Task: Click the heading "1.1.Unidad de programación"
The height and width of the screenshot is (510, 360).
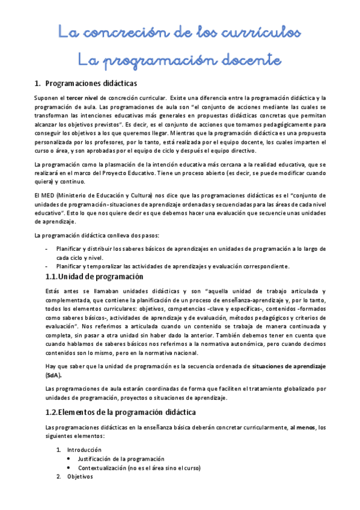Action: pos(95,277)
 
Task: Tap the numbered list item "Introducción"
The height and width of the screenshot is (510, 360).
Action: pos(84,449)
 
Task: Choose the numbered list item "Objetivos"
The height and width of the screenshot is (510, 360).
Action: pos(80,476)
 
